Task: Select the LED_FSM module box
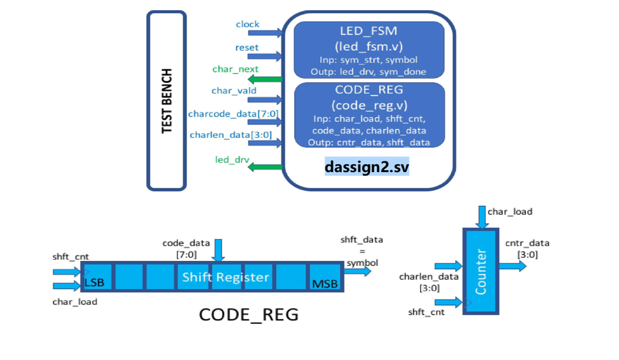369,50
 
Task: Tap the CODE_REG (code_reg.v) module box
369,115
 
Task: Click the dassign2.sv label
367,166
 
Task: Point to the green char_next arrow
265,79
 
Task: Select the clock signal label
247,24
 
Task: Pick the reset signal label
247,47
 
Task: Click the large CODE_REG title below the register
248,315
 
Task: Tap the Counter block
481,271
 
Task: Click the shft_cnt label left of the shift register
70,257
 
